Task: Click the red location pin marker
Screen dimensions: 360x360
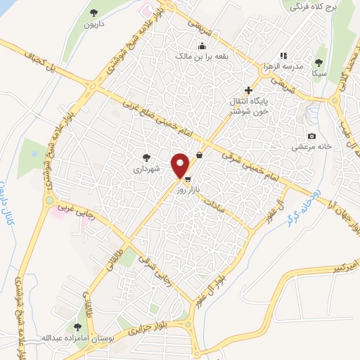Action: (x=181, y=165)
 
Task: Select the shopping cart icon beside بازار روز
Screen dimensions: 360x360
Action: (x=186, y=180)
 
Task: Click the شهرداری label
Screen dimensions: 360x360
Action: (x=146, y=169)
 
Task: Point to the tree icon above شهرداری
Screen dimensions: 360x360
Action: (x=146, y=157)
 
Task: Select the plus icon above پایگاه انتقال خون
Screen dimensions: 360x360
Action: (x=248, y=90)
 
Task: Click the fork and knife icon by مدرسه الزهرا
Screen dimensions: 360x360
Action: (x=283, y=55)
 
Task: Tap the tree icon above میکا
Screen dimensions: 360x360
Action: (x=320, y=62)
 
